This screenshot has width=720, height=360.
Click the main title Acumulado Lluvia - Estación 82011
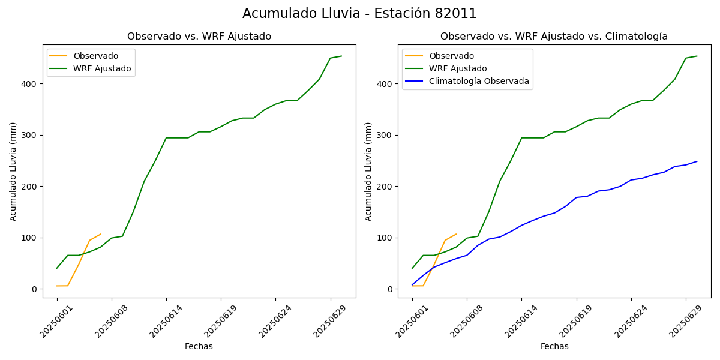coord(359,14)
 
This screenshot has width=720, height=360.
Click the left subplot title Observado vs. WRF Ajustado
coord(199,37)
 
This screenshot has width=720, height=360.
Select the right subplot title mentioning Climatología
coord(554,37)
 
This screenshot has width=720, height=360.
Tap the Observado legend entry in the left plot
coord(95,56)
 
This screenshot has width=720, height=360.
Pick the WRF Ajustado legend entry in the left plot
coord(102,68)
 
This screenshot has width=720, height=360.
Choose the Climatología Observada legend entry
coord(479,82)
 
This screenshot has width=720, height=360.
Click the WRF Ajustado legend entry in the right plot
coord(458,68)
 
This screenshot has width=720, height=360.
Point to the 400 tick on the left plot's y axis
coord(31,84)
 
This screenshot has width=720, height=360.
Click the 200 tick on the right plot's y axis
coord(386,187)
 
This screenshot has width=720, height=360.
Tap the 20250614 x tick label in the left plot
coord(163,320)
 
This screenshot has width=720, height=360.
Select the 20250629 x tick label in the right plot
coord(683,320)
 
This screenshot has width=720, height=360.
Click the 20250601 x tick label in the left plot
coord(54,320)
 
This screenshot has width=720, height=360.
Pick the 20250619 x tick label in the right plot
coord(574,320)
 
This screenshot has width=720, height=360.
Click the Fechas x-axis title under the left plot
coord(199,346)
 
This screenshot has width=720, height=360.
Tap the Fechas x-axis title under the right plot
coord(554,346)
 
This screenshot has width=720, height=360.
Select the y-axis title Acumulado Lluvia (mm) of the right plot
coord(368,172)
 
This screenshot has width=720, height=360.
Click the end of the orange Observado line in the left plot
coord(100,235)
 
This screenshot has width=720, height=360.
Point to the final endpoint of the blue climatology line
coord(697,161)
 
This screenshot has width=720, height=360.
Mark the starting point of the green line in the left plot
coord(57,268)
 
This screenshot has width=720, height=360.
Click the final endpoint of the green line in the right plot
coord(697,56)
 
